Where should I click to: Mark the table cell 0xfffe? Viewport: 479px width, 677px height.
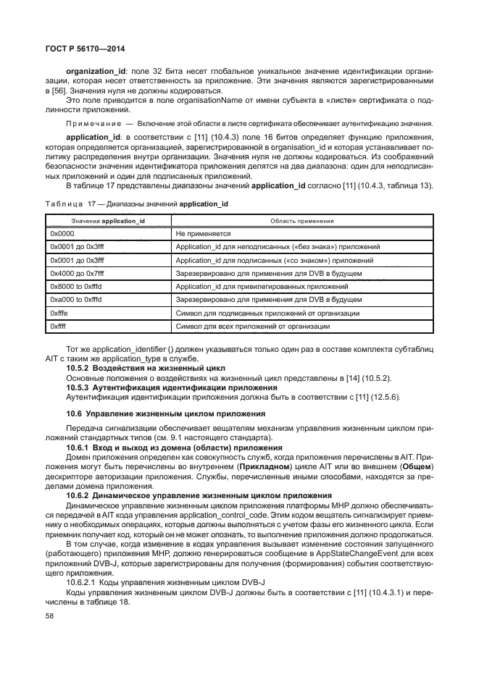click(62, 314)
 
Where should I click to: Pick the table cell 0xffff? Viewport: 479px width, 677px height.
click(60, 327)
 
